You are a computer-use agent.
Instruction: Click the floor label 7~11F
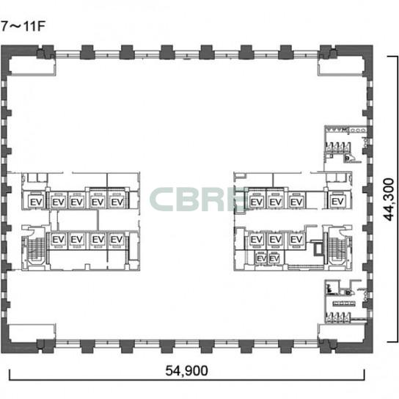click(x=23, y=26)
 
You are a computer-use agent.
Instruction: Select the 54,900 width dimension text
click(x=186, y=370)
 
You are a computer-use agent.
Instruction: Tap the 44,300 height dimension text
click(x=389, y=199)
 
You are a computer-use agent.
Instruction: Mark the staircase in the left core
click(x=36, y=249)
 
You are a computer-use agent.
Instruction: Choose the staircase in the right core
click(x=337, y=249)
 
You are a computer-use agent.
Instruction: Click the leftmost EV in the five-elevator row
click(x=36, y=202)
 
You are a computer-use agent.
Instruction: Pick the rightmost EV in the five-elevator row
click(x=117, y=202)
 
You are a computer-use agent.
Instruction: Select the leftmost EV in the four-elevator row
click(x=58, y=239)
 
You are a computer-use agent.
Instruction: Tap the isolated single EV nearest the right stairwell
click(x=337, y=202)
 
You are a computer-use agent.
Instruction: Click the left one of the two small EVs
click(x=261, y=258)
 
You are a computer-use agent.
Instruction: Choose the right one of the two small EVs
click(x=274, y=258)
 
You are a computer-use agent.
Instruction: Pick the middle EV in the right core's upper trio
click(x=276, y=202)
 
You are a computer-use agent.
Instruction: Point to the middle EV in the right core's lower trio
click(x=276, y=239)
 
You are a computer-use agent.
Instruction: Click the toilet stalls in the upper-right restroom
click(x=338, y=148)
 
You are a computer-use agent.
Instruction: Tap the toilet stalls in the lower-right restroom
click(x=338, y=318)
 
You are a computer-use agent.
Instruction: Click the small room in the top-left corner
click(x=32, y=66)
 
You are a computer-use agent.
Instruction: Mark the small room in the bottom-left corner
click(x=32, y=332)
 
